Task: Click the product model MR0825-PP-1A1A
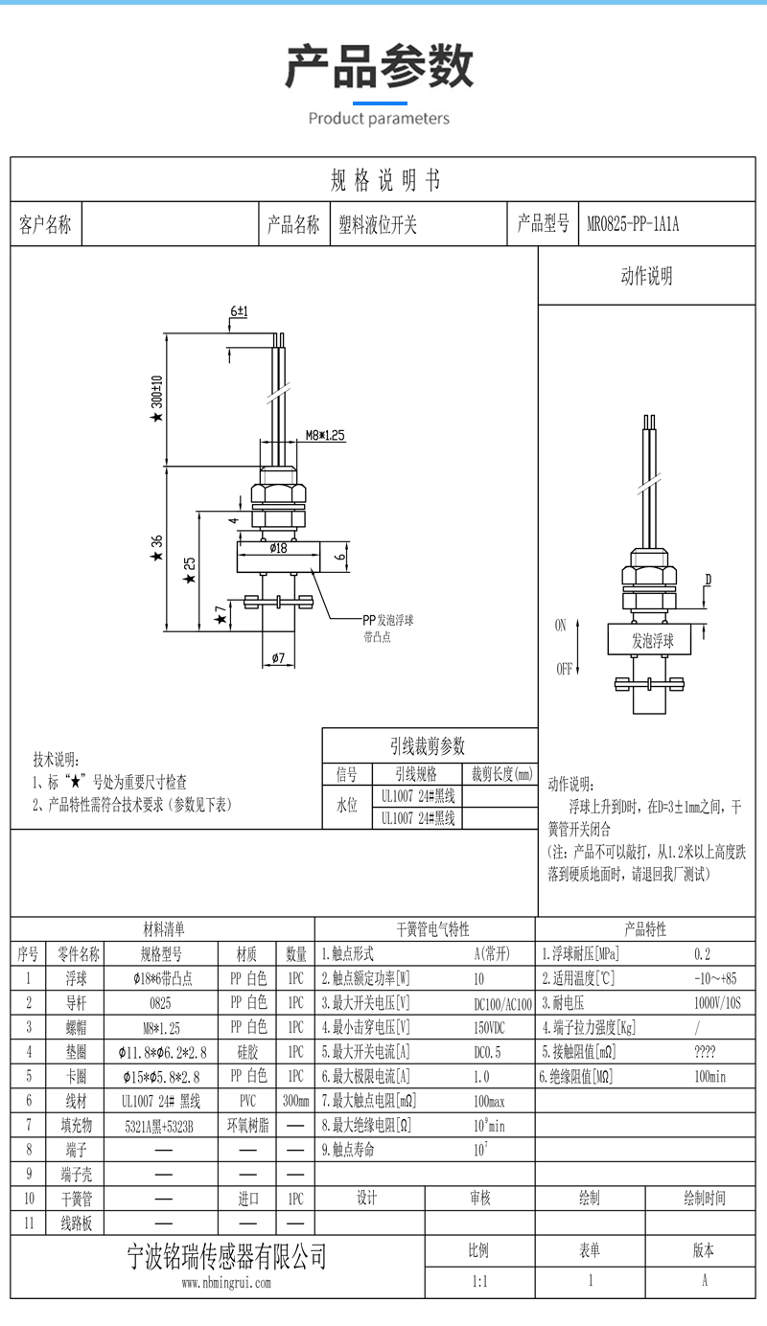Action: tap(633, 225)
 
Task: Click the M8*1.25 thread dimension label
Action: tap(325, 435)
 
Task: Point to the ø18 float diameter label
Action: tap(278, 548)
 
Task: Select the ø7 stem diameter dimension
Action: tap(278, 658)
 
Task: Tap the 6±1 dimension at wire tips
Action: tap(239, 312)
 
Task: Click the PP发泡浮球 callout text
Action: tap(387, 620)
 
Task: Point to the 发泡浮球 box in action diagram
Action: tap(652, 641)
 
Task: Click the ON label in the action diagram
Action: tap(561, 626)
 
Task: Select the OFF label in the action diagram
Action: tap(564, 669)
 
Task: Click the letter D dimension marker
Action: tap(708, 580)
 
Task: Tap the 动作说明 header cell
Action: tap(647, 277)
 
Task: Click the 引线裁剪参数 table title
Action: tap(428, 745)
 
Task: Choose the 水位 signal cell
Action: tap(346, 806)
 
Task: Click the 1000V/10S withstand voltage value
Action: tap(717, 1003)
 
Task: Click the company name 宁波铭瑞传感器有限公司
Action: tap(227, 1256)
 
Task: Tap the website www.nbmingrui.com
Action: tap(226, 1283)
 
